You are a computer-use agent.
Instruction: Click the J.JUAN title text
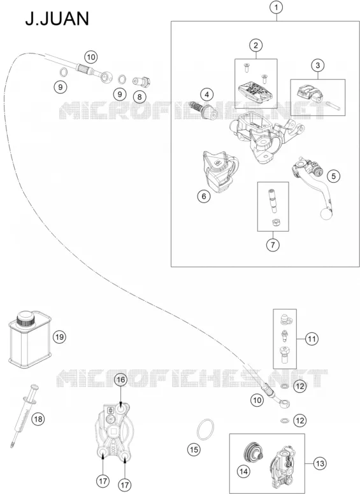[x=57, y=18]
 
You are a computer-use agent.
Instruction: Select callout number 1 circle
[x=276, y=7]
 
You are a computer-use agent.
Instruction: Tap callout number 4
[x=207, y=94]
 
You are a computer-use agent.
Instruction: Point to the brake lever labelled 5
[x=312, y=187]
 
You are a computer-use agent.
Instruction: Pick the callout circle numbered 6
[x=204, y=196]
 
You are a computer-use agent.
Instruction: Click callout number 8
[x=140, y=97]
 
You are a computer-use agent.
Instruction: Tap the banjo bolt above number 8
[x=141, y=83]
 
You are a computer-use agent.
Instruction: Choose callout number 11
[x=312, y=339]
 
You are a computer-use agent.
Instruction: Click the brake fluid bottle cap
[x=25, y=319]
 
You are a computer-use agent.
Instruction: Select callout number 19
[x=59, y=337]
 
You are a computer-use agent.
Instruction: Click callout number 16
[x=121, y=380]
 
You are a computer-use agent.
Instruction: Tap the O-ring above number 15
[x=205, y=430]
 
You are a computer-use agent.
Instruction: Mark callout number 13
[x=320, y=463]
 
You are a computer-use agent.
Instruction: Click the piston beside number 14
[x=254, y=453]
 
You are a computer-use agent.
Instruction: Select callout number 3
[x=317, y=65]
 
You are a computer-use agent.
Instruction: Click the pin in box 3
[x=333, y=105]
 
